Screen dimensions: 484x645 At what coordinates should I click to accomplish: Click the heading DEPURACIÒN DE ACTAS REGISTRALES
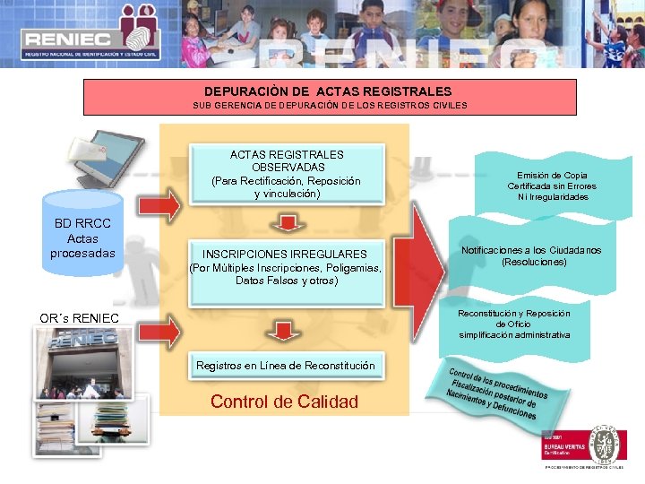[x=328, y=91]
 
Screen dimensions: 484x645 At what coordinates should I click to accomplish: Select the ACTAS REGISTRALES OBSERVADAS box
[x=286, y=174]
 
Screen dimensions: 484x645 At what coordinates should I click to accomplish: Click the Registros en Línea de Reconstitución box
[x=286, y=365]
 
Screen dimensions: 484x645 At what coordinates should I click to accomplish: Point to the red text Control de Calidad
[x=284, y=402]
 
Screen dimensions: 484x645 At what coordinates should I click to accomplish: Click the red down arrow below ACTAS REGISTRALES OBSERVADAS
[x=286, y=221]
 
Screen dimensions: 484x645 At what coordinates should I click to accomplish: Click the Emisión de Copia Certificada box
[x=551, y=186]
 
